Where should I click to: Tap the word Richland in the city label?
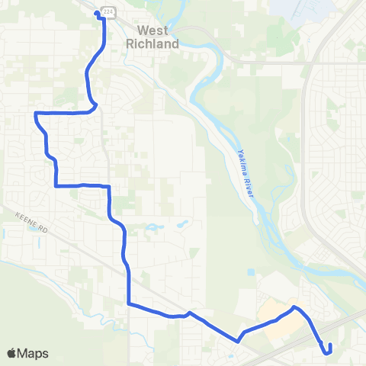click(x=152, y=43)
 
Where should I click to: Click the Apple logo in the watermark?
click(x=12, y=353)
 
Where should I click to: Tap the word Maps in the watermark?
click(x=34, y=353)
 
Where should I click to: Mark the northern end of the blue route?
click(x=98, y=12)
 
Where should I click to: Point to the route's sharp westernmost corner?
click(x=35, y=114)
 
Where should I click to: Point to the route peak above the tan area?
click(x=294, y=308)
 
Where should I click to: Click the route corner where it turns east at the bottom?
click(x=128, y=303)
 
